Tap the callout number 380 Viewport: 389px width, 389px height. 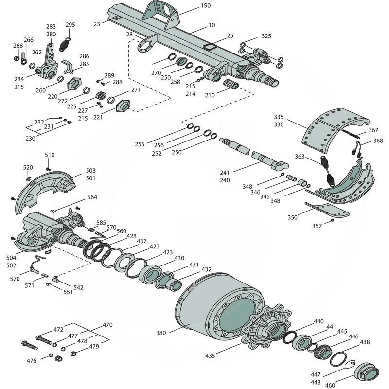pyautogui.click(x=161, y=334)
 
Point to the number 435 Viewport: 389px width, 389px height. pyautogui.click(x=210, y=356)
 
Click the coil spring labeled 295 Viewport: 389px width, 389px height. pyautogui.click(x=66, y=43)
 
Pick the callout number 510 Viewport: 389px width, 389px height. pyautogui.click(x=50, y=155)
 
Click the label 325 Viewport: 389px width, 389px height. pyautogui.click(x=266, y=36)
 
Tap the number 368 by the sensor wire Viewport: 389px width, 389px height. pyautogui.click(x=378, y=141)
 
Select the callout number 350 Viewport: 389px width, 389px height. pyautogui.click(x=293, y=218)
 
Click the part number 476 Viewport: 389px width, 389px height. pyautogui.click(x=32, y=360)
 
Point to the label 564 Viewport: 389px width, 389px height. pyautogui.click(x=92, y=197)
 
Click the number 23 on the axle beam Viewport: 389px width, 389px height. pyautogui.click(x=97, y=23)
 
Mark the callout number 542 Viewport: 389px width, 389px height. pyautogui.click(x=78, y=287)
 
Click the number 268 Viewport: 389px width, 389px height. pyautogui.click(x=18, y=46)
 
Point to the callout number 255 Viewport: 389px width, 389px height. pyautogui.click(x=140, y=144)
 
